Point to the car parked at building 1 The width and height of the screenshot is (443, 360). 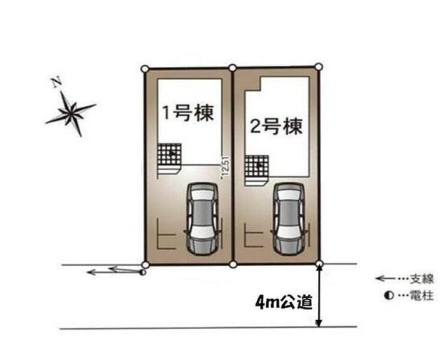tap(201, 218)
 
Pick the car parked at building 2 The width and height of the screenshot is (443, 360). tap(288, 218)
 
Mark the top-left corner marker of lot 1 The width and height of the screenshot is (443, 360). tap(144, 69)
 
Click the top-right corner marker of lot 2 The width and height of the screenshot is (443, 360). tap(319, 67)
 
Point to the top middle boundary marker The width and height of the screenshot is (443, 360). tap(232, 68)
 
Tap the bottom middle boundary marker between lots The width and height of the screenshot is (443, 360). tap(233, 264)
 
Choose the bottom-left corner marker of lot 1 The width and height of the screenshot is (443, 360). tap(144, 264)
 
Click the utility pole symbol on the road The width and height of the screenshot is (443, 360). tap(141, 273)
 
